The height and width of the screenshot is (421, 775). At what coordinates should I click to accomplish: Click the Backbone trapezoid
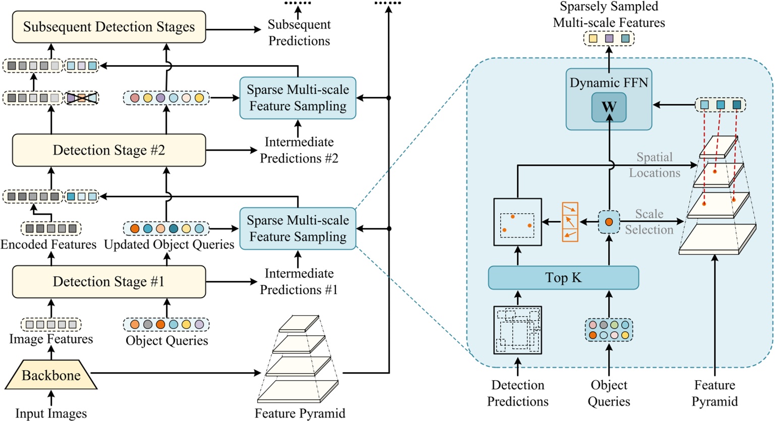[x=51, y=376]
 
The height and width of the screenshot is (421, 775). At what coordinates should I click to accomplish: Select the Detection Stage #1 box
[x=109, y=281]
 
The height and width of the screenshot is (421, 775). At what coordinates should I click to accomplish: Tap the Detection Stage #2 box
[x=109, y=150]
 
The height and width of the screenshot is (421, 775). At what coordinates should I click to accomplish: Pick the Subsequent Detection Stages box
[x=109, y=27]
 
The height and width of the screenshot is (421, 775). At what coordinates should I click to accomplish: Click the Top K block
[x=563, y=278]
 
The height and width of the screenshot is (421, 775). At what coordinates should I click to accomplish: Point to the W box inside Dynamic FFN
[x=609, y=107]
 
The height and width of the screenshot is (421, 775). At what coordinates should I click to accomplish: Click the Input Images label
[x=51, y=413]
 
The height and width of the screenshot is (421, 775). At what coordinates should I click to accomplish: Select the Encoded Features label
[x=48, y=245]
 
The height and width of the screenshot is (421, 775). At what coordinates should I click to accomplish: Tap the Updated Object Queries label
[x=169, y=245]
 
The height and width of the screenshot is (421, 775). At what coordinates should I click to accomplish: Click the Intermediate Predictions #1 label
[x=299, y=281]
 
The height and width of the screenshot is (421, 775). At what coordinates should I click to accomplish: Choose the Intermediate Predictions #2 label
[x=299, y=150]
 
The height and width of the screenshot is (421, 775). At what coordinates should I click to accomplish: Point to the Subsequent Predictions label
[x=299, y=33]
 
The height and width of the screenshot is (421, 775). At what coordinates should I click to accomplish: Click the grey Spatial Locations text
[x=654, y=165]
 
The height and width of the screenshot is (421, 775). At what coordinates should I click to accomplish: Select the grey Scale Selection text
[x=649, y=222]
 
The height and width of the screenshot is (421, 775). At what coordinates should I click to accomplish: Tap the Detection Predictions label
[x=518, y=393]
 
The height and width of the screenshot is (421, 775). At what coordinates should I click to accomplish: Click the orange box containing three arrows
[x=570, y=222]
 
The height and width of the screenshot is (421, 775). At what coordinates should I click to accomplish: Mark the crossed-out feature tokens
[x=82, y=98]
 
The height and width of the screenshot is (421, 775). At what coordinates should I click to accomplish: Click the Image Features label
[x=51, y=339]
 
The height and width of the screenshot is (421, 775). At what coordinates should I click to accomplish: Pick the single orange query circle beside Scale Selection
[x=609, y=222]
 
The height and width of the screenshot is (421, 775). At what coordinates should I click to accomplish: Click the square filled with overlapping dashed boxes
[x=517, y=330]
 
